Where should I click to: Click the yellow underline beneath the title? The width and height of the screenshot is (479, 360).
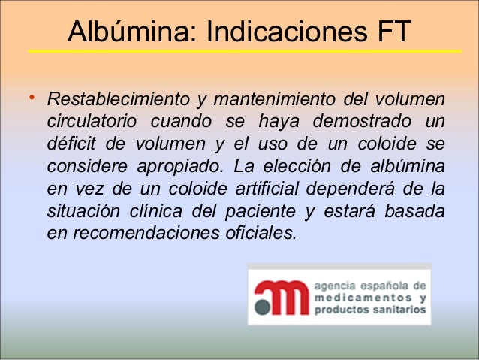[244, 51]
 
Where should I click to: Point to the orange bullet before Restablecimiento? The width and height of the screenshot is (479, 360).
[31, 98]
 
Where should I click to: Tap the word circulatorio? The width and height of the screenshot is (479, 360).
[92, 122]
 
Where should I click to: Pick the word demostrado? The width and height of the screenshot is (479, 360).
[363, 122]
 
